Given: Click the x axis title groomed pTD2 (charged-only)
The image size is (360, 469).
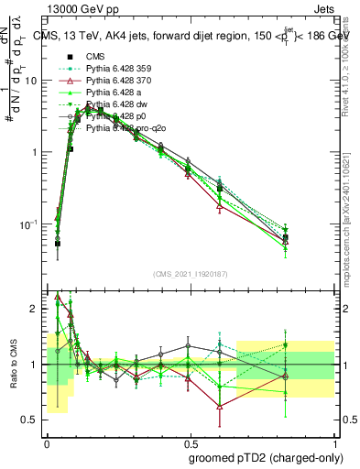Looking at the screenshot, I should [266, 457].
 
